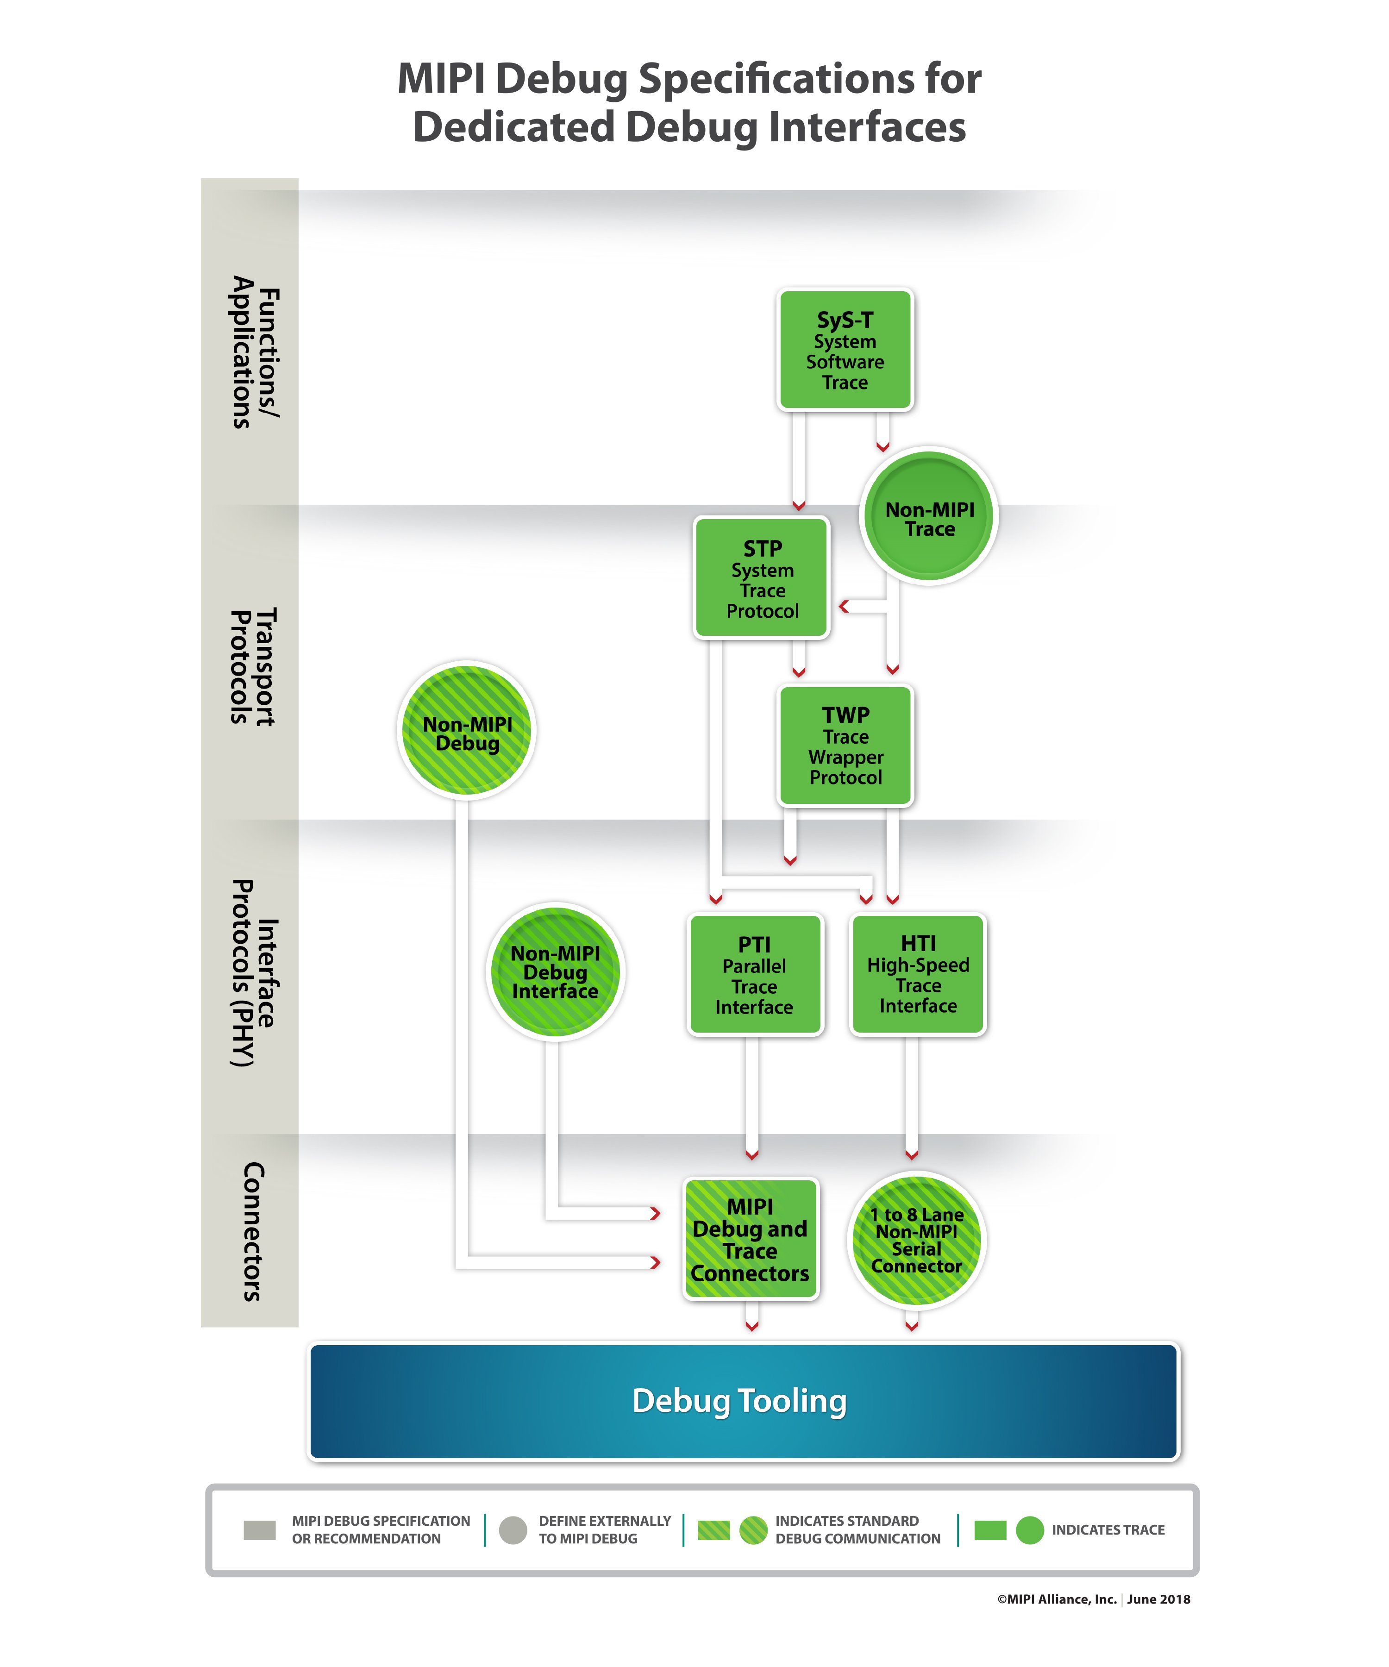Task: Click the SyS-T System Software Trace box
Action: [845, 349]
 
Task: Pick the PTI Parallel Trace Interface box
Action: [754, 975]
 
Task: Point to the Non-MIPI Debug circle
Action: [467, 730]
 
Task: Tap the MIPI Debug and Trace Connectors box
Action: [750, 1239]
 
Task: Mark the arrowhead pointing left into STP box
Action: [844, 607]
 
